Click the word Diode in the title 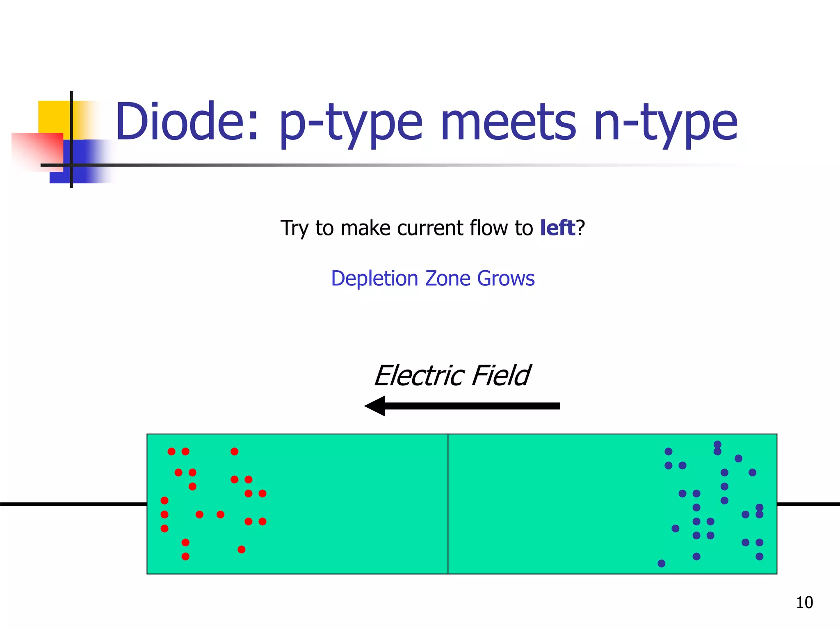click(x=187, y=121)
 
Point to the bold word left click(x=557, y=228)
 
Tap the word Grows click(x=506, y=278)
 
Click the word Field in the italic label click(x=501, y=375)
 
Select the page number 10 click(x=804, y=603)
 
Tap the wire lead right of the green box click(x=808, y=504)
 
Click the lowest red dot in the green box click(x=185, y=557)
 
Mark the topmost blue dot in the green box click(x=717, y=444)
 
